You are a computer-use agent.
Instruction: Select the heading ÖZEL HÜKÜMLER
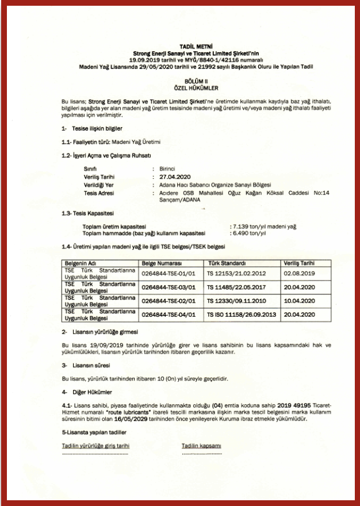click(x=180, y=87)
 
